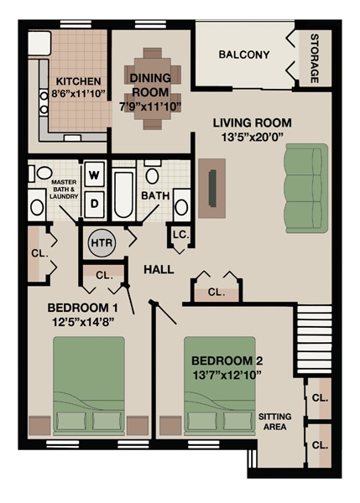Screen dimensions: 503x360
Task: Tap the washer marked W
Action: (94, 175)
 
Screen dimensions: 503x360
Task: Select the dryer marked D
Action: (94, 202)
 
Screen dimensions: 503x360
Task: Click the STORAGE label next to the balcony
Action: (315, 59)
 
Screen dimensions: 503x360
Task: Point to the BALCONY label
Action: (243, 55)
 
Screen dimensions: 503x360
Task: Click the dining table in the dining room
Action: (153, 87)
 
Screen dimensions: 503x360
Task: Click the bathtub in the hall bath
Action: (123, 194)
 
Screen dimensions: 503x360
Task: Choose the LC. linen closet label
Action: (180, 236)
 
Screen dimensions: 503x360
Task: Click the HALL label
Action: (159, 269)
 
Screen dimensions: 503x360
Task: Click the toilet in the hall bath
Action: (152, 176)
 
